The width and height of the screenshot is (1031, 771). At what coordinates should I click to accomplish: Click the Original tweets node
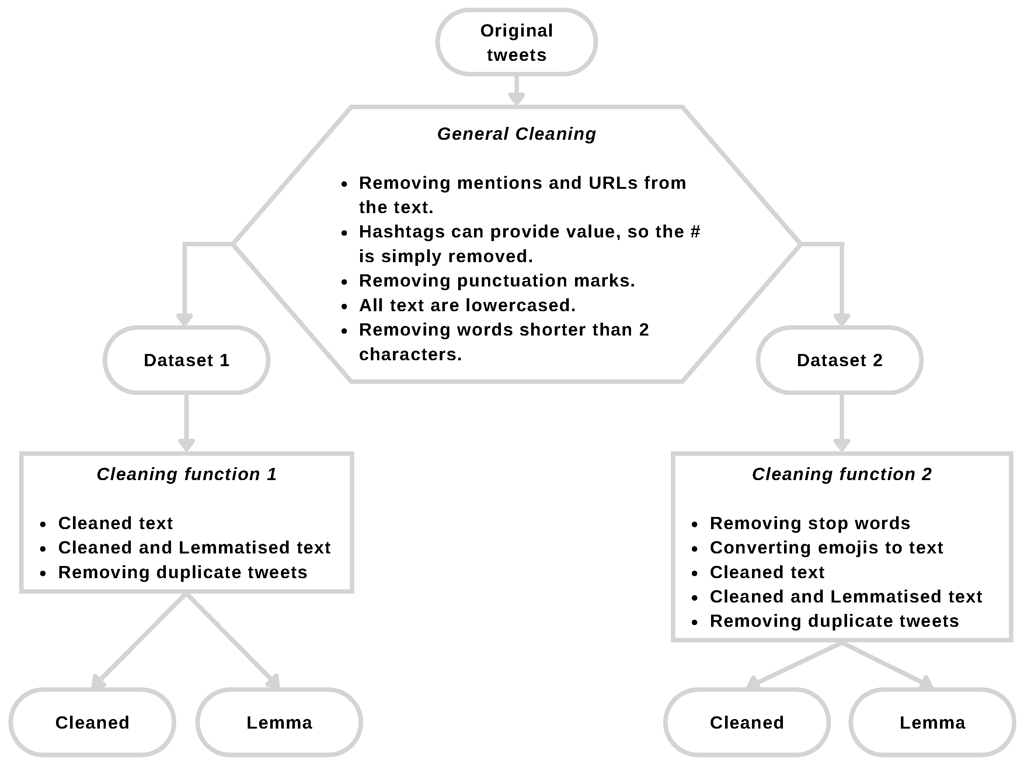coord(516,42)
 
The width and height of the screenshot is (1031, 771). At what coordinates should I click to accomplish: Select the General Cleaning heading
coord(516,134)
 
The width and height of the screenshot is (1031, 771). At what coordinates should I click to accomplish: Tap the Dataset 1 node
coord(187,360)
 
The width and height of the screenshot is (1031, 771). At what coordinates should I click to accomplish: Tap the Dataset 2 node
coord(840,360)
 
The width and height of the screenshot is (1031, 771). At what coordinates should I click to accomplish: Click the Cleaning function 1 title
coord(187,474)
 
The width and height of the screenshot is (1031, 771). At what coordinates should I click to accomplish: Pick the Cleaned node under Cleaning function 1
coord(92,723)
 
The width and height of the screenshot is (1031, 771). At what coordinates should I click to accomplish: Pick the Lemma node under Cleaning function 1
coord(279,723)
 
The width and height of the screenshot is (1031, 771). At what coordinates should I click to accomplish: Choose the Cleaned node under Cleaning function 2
coord(747,723)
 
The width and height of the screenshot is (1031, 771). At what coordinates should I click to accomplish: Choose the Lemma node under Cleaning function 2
coord(932,723)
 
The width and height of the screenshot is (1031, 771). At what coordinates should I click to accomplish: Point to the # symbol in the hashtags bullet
coord(695,232)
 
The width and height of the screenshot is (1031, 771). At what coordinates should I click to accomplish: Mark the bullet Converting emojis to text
coord(826,547)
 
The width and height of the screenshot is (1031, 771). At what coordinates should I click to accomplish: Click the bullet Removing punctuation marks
coord(497,281)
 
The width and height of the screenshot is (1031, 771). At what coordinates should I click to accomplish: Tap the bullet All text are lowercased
coord(467,305)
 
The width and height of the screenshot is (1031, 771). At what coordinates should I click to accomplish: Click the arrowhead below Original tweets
coord(516,99)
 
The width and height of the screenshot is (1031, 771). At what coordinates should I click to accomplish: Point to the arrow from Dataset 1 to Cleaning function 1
coord(187,422)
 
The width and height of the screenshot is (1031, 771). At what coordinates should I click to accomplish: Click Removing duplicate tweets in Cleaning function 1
coord(183,572)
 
